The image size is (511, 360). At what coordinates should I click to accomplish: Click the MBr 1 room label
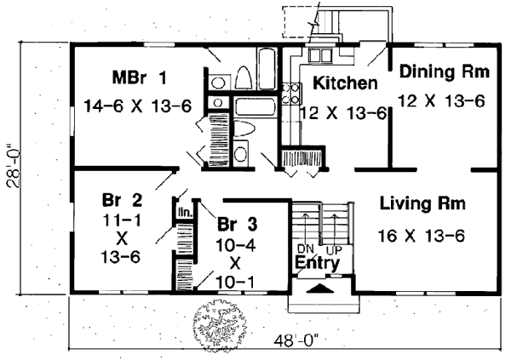point(138,79)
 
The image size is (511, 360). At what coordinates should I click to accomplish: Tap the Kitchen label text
point(344,83)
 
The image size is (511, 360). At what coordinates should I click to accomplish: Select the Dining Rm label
point(444,73)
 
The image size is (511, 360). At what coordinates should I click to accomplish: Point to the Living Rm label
point(422,203)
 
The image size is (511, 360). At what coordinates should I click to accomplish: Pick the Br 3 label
point(236,225)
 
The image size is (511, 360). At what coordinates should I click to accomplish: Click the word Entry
point(317,264)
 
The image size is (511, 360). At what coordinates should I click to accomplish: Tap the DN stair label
point(305,249)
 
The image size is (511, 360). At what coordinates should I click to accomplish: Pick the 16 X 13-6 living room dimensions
point(422,234)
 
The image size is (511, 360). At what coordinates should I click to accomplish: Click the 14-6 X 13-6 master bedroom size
point(138,105)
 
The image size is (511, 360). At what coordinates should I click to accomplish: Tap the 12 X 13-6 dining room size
point(444,100)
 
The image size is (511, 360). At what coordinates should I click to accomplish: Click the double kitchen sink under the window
point(320,57)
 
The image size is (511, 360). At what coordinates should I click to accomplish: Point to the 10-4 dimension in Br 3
point(235,245)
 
